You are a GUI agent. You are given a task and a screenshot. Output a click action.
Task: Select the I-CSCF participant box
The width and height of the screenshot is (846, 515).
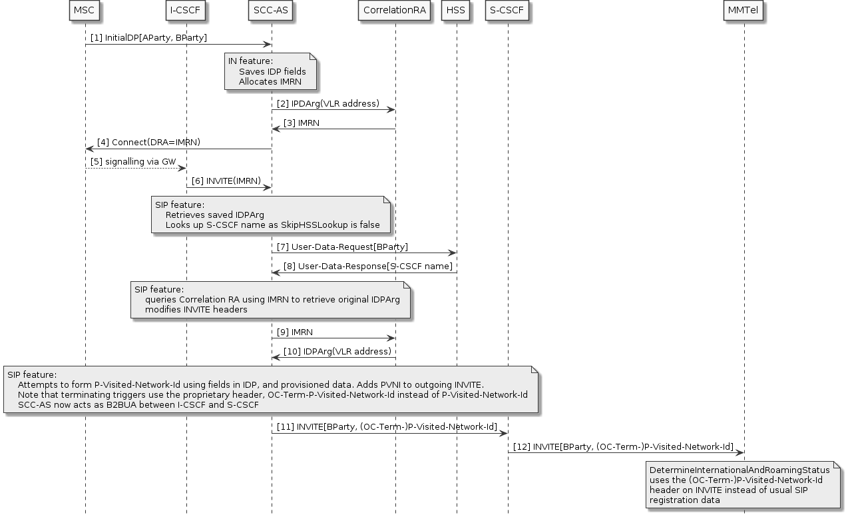point(186,11)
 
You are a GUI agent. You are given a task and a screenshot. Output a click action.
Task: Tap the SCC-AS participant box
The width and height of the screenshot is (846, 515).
point(271,11)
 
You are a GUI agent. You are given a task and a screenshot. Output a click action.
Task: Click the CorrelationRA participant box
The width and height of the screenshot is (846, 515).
point(395,11)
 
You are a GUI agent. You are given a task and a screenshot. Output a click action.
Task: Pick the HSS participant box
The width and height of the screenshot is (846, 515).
point(457,11)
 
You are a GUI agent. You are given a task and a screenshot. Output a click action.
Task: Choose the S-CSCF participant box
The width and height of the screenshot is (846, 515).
point(508,11)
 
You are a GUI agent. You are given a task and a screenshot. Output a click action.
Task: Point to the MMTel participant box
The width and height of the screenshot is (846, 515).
point(743,11)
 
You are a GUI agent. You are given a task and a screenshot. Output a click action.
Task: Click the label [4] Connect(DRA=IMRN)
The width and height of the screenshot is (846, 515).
point(148,143)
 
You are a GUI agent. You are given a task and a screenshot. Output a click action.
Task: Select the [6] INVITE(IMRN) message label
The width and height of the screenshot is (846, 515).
point(228,181)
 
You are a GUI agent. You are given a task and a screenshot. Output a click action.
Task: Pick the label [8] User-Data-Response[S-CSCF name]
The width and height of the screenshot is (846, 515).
point(368,266)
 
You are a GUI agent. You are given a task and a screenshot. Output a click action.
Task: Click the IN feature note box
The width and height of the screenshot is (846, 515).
point(270,72)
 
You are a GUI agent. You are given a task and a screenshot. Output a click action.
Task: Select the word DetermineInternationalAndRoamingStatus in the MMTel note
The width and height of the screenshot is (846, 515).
point(739,470)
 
